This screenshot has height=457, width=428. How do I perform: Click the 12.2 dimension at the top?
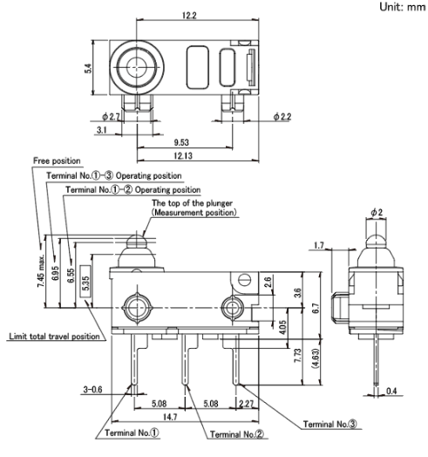pos(189,16)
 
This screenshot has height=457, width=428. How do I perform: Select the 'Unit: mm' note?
pos(403,7)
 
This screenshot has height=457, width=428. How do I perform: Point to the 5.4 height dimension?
pos(88,69)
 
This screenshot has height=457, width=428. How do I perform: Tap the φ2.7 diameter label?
pos(111,117)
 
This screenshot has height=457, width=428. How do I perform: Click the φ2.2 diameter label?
pos(282,117)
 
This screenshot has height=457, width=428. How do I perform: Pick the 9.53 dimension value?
pos(181,142)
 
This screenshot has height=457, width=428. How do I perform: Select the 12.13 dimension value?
pos(183,155)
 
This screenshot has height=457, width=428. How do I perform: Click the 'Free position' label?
pos(57,160)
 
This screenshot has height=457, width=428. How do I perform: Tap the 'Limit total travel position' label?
pos(55,337)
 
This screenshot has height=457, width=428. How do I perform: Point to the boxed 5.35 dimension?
pos(85,281)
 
